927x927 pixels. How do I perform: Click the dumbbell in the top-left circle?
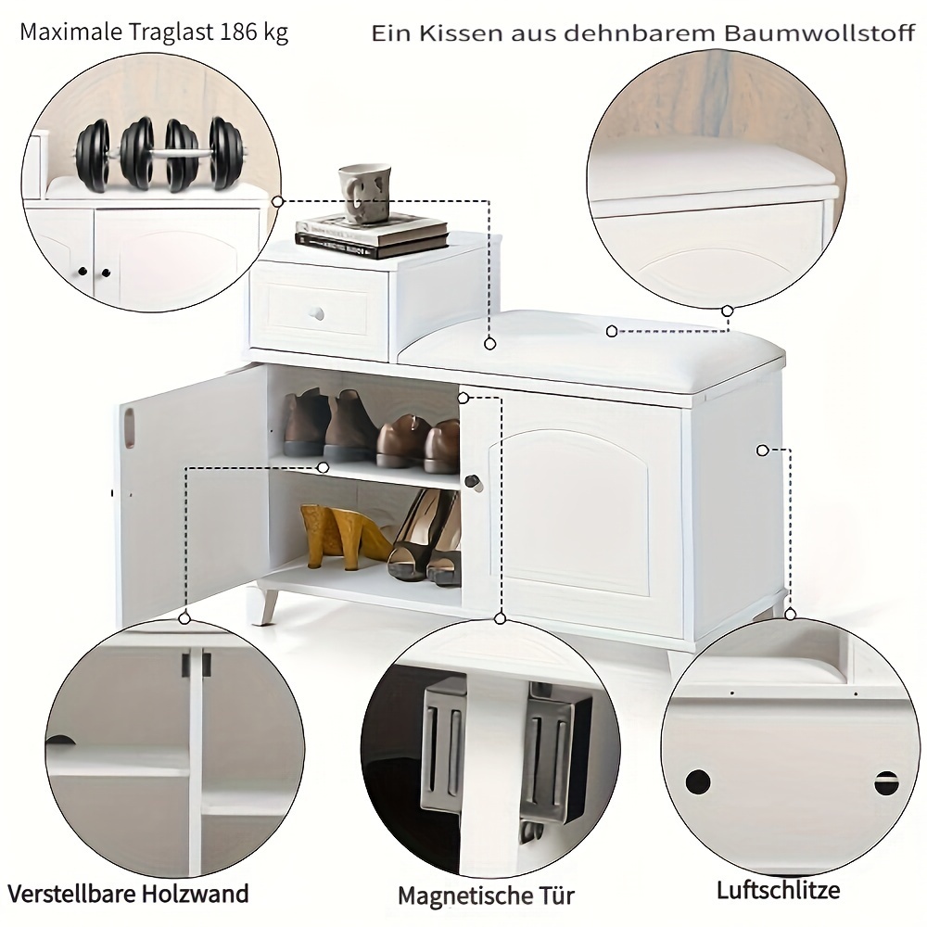point(160,155)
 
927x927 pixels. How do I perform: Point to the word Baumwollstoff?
point(819,33)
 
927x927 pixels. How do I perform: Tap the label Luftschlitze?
point(778,890)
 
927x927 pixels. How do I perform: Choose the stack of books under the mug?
point(372,235)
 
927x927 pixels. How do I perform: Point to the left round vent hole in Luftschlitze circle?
point(698,781)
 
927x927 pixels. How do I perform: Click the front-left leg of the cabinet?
point(264,603)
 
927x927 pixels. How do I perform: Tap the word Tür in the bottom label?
point(553,895)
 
